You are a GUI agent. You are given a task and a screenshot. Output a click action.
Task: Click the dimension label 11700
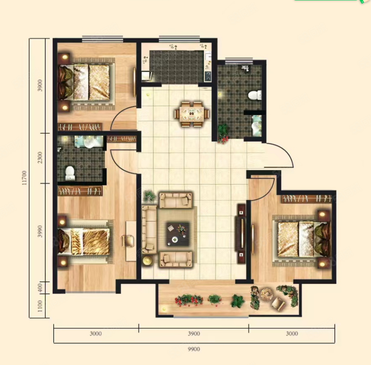(24, 178)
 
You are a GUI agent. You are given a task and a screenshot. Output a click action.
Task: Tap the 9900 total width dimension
(194, 349)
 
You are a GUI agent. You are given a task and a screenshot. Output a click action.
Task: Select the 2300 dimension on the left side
(40, 157)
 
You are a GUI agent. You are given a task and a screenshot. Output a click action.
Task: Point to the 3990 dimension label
(40, 231)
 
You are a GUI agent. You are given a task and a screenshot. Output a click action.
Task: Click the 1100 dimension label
(40, 306)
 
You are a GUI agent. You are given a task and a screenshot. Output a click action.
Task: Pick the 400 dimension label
(40, 288)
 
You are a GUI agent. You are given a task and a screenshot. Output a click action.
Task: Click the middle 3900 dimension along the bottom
(194, 334)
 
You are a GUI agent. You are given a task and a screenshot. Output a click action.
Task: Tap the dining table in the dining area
(192, 114)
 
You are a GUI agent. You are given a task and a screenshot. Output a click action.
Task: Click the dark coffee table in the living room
(178, 234)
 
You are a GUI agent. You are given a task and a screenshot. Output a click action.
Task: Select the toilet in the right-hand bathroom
(255, 96)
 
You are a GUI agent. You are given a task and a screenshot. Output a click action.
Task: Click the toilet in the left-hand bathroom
(70, 173)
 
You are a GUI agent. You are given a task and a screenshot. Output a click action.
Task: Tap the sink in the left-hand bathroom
(89, 142)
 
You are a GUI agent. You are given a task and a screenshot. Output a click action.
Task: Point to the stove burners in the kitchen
(208, 76)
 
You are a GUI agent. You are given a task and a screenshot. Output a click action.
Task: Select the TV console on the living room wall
(241, 234)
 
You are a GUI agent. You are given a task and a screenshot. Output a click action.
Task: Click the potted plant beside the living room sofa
(150, 196)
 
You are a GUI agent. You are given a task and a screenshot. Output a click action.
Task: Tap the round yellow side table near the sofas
(147, 261)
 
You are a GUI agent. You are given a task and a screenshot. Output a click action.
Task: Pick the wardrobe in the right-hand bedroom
(306, 199)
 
